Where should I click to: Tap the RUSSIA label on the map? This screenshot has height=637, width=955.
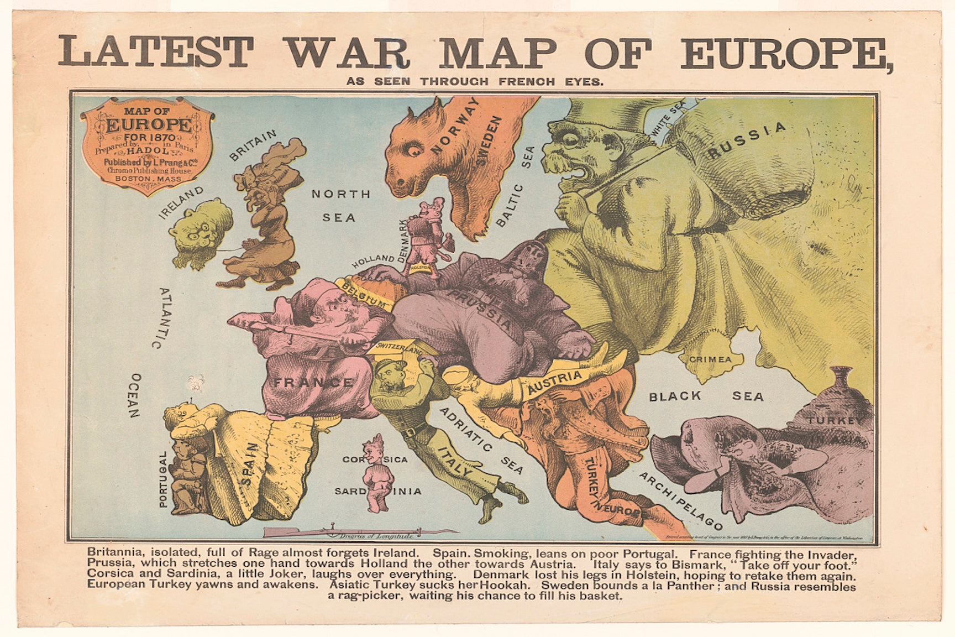coord(747,141)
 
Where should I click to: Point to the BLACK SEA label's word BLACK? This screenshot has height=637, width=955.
coord(675,396)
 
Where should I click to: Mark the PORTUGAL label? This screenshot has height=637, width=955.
coord(162,479)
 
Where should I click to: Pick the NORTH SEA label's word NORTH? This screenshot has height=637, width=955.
coord(341,194)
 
